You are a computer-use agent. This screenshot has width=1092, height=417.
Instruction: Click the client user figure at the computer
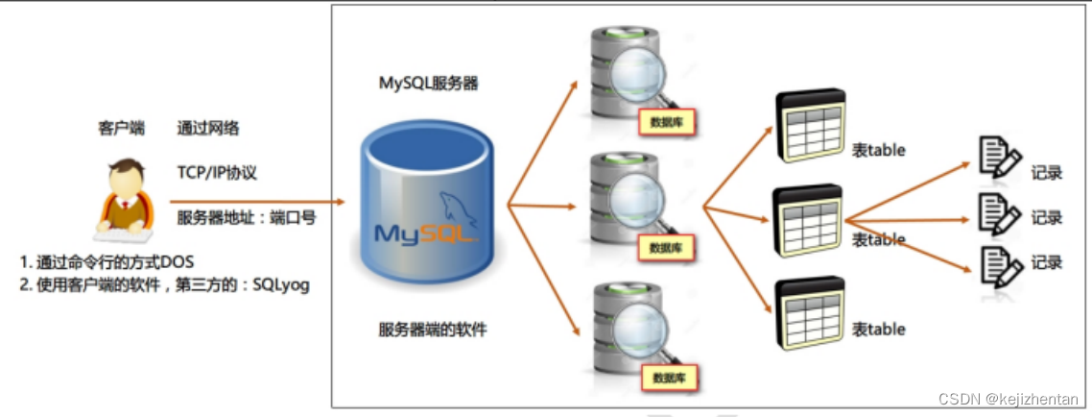[x=122, y=199]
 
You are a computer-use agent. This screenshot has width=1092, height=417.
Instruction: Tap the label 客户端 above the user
[x=121, y=128]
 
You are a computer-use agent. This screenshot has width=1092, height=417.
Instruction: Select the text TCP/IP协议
[x=217, y=173]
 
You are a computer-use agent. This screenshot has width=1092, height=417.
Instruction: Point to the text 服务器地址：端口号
[x=247, y=218]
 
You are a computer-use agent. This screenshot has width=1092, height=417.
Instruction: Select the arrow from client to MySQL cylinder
[x=257, y=203]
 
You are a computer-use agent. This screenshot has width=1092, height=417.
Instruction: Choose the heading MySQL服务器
[x=428, y=84]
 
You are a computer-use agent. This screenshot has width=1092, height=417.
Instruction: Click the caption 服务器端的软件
[x=433, y=330]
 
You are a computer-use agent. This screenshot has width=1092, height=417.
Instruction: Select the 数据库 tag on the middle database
[x=666, y=247]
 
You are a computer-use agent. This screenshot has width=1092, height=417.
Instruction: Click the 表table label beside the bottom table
[x=878, y=329]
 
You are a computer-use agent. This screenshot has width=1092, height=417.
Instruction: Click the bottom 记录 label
[x=1047, y=262]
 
